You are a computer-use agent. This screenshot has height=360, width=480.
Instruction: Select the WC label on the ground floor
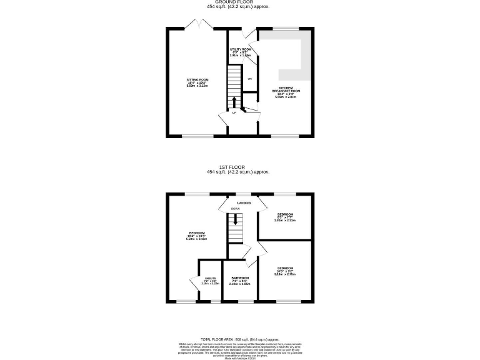pyautogui.click(x=249, y=79)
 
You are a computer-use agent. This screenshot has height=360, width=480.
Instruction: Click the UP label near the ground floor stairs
pyautogui.click(x=234, y=113)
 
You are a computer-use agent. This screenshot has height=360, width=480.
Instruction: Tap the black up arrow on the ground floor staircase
pyautogui.click(x=234, y=102)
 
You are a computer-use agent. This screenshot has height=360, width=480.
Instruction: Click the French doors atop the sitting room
pyautogui.click(x=198, y=24)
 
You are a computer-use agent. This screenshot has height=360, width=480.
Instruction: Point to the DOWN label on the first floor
pyautogui.click(x=234, y=209)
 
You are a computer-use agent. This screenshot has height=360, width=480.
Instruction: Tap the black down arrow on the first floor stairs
pyautogui.click(x=234, y=220)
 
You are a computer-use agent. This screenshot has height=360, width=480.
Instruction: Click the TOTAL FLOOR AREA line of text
pyautogui.click(x=239, y=339)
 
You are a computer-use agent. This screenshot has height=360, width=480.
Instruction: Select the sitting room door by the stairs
pyautogui.click(x=223, y=117)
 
